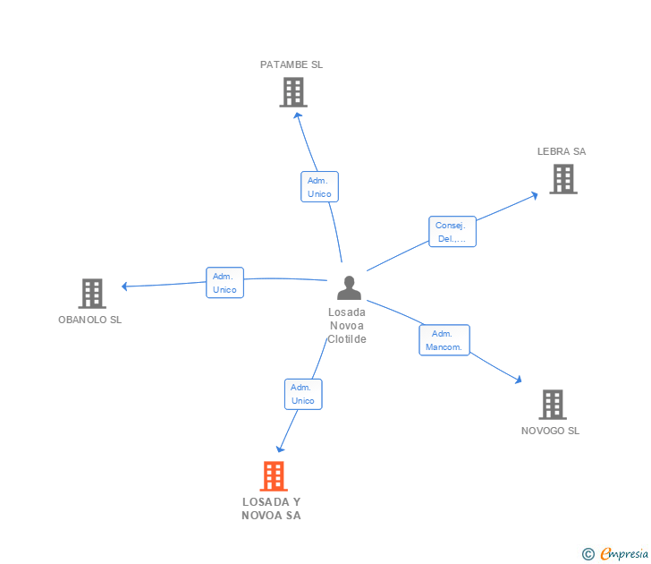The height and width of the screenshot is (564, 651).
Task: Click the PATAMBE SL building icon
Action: [292, 92]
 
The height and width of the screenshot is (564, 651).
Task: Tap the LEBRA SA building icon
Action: [562, 179]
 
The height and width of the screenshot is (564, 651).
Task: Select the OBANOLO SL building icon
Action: [92, 293]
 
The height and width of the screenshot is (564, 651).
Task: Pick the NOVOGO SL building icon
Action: [553, 405]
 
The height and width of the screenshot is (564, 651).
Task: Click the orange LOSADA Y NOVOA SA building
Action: [274, 476]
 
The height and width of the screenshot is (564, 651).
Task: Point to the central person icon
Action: [349, 288]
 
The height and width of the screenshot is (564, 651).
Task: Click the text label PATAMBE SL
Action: [292, 64]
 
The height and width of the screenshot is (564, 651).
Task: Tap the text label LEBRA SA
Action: [562, 151]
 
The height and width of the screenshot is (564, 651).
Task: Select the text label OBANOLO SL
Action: [90, 320]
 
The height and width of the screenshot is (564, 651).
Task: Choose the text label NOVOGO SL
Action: [550, 431]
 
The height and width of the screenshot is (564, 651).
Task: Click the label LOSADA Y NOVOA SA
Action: [272, 508]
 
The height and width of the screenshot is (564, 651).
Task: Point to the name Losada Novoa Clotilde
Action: [347, 326]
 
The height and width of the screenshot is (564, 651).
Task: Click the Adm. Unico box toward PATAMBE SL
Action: [319, 187]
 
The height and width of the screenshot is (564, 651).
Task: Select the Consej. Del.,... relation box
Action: [452, 232]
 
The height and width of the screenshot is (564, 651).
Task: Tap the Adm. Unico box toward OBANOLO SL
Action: [224, 283]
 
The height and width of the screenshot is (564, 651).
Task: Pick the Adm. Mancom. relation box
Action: [444, 340]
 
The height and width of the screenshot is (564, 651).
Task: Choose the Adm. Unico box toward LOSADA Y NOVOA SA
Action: [303, 394]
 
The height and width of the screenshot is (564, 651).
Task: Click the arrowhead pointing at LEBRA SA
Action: [534, 193]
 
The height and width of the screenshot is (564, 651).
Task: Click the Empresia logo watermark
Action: [616, 553]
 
